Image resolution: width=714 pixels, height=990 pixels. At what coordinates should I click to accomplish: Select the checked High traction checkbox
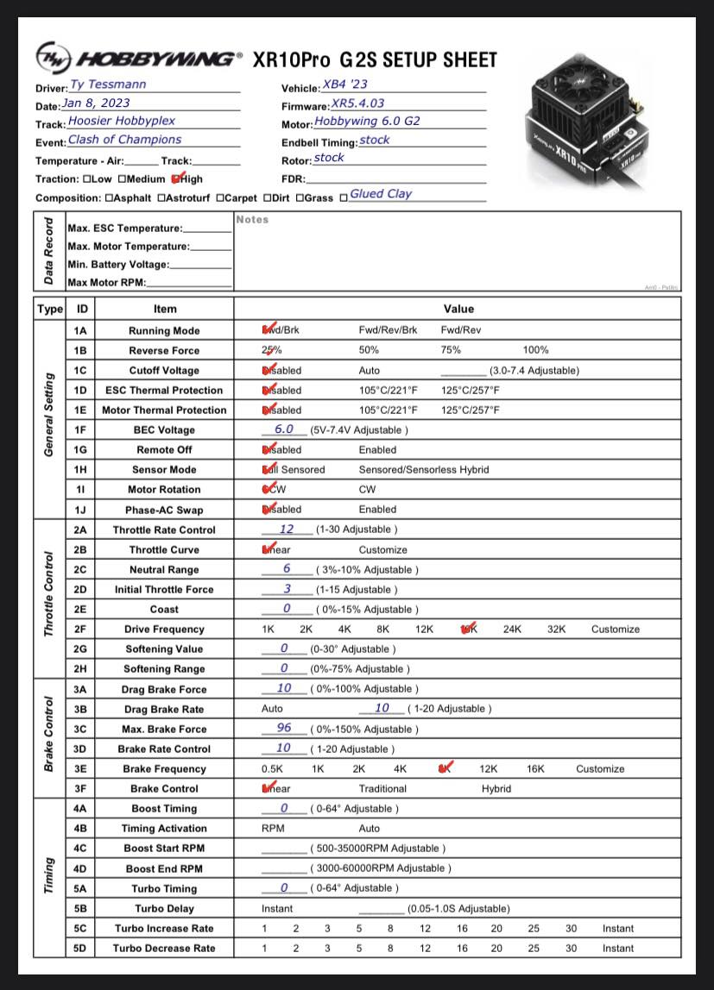click(177, 179)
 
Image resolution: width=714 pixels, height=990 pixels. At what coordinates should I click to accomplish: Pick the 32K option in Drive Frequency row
click(556, 630)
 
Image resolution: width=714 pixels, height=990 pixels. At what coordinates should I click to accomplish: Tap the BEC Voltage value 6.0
click(284, 429)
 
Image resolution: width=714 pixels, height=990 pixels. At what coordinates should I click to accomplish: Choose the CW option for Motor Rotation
click(368, 490)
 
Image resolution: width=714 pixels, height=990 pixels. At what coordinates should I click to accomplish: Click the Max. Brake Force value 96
click(284, 728)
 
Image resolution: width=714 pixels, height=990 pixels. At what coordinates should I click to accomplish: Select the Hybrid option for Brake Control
click(496, 788)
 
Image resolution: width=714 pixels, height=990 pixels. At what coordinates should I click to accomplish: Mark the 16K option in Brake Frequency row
click(535, 768)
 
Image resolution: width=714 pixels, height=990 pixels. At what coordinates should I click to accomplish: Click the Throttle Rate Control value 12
click(287, 529)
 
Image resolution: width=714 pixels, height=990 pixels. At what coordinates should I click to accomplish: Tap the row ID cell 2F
click(80, 630)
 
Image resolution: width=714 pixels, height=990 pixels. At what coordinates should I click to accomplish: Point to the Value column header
click(458, 309)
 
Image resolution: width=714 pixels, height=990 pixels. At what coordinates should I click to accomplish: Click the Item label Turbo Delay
click(164, 908)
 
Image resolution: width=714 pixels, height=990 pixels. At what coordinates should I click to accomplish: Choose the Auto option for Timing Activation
click(370, 828)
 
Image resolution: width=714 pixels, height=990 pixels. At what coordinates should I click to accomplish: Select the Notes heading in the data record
click(252, 220)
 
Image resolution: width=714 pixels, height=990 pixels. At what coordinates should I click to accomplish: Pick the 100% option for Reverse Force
click(535, 350)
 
